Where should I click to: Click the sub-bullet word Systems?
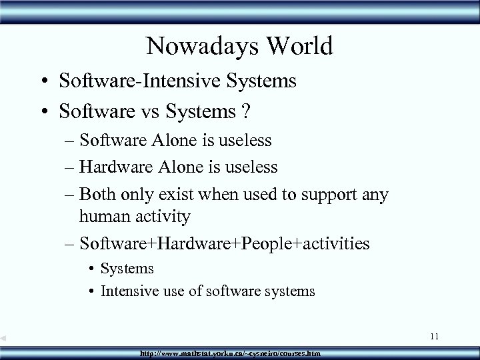(x=127, y=268)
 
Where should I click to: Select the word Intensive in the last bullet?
(x=129, y=291)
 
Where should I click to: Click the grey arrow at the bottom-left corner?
(x=4, y=339)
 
